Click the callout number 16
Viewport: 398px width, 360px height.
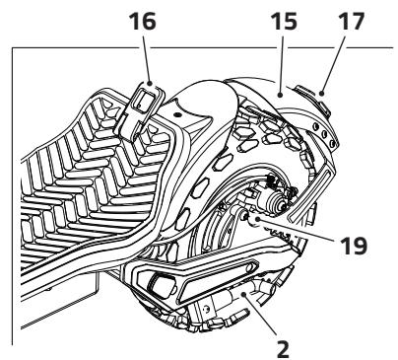143,22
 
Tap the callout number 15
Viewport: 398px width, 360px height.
284,22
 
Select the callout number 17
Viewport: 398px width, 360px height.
351,22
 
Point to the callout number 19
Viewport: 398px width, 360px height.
354,246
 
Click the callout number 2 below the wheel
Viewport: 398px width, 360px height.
283,349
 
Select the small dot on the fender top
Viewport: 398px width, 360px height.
177,114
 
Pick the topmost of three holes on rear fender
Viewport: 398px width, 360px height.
316,126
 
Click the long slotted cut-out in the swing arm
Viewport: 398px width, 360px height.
220,280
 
